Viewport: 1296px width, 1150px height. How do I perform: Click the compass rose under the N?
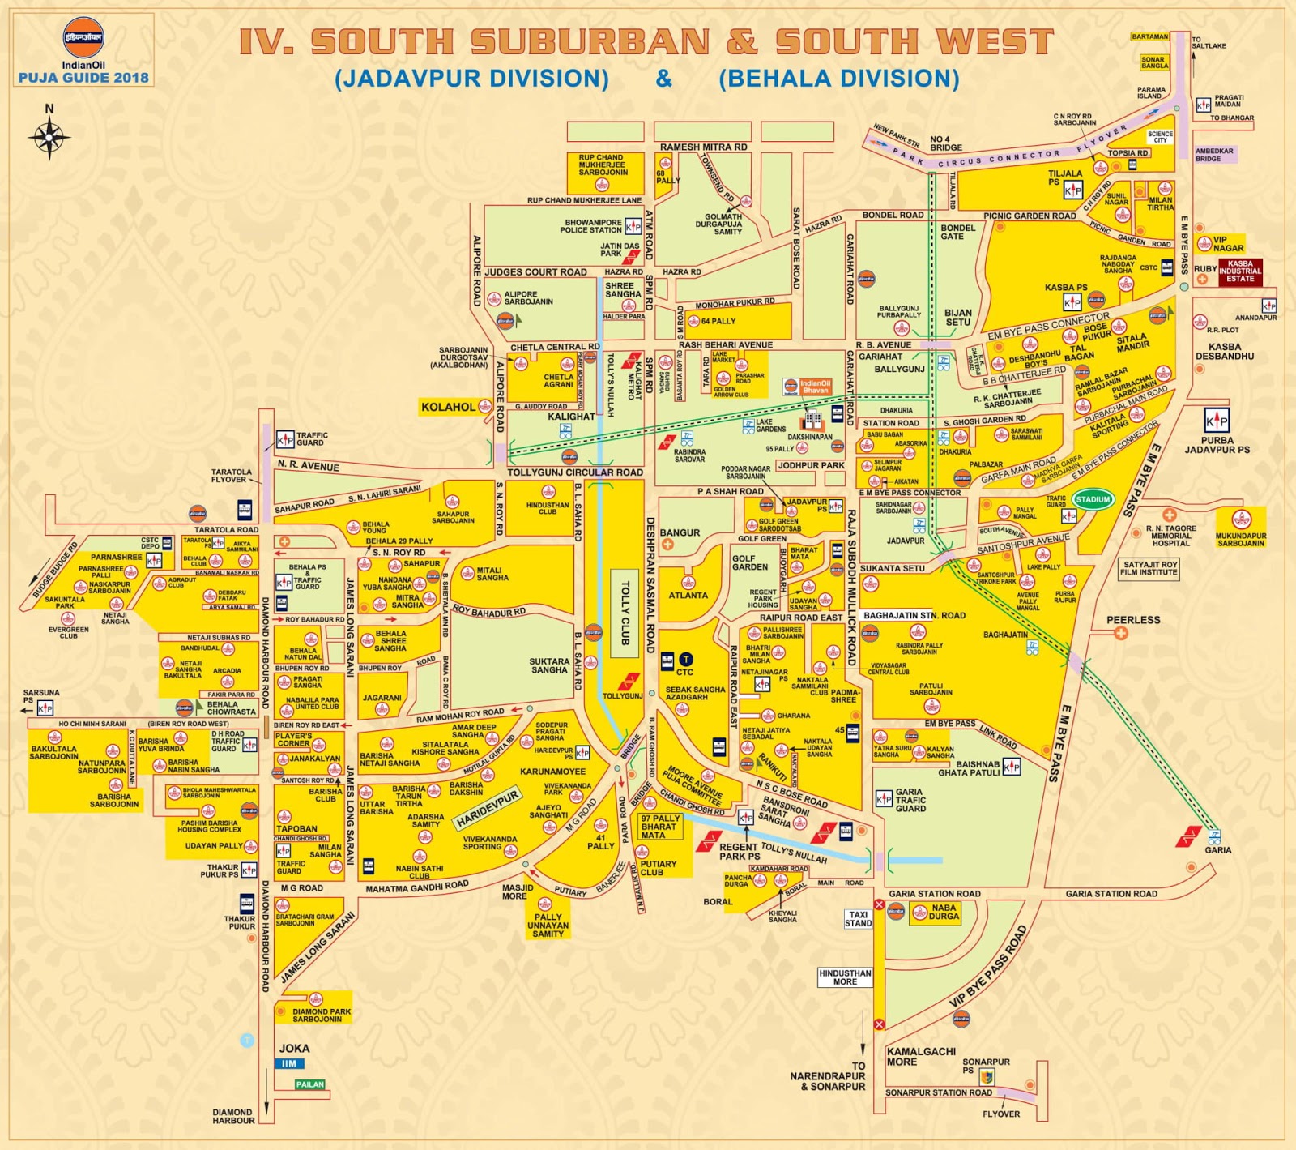pyautogui.click(x=49, y=137)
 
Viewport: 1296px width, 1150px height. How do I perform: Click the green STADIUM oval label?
pyautogui.click(x=1093, y=499)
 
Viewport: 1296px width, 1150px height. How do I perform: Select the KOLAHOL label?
pyautogui.click(x=448, y=407)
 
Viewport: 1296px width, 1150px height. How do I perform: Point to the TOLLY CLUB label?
pyautogui.click(x=625, y=613)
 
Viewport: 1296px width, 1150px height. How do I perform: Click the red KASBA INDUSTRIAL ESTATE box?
pyautogui.click(x=1239, y=271)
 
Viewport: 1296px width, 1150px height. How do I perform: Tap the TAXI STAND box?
pyautogui.click(x=858, y=918)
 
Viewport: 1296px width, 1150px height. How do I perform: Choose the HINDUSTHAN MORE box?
pyautogui.click(x=845, y=977)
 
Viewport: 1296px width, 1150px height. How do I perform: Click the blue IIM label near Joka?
pyautogui.click(x=289, y=1064)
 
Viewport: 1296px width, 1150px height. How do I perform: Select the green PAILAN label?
pyautogui.click(x=309, y=1084)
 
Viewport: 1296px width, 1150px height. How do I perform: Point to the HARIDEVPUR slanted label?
pyautogui.click(x=487, y=810)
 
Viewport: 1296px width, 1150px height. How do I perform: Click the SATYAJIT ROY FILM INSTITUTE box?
pyautogui.click(x=1149, y=569)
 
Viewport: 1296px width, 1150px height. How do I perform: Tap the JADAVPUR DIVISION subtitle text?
pyautogui.click(x=471, y=79)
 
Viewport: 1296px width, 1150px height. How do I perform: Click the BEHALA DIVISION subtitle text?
pyautogui.click(x=838, y=79)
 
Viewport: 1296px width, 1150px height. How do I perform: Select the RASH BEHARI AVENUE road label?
pyautogui.click(x=726, y=345)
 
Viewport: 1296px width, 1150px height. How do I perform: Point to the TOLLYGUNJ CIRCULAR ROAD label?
pyautogui.click(x=575, y=472)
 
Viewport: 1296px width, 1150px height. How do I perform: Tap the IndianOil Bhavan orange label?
pyautogui.click(x=815, y=387)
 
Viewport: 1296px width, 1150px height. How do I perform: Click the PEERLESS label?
pyautogui.click(x=1133, y=620)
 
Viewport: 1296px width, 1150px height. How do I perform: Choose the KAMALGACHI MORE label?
pyautogui.click(x=920, y=1057)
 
